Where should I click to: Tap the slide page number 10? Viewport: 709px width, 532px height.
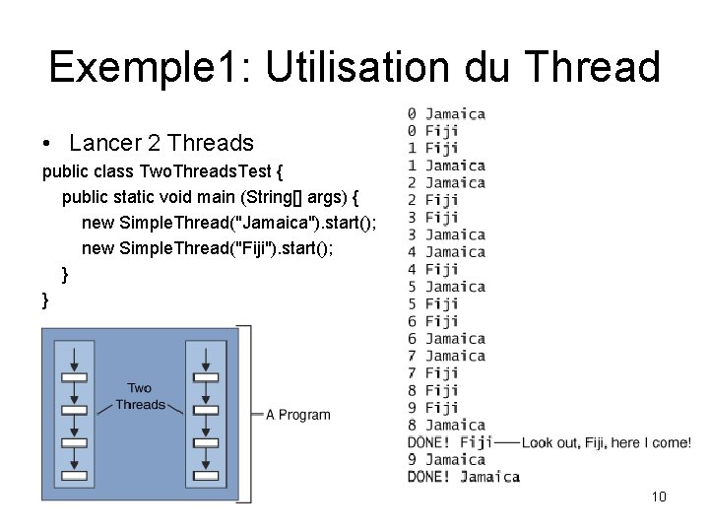659,497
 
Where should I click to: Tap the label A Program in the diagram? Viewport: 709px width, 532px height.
298,415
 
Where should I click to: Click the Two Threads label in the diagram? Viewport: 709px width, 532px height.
140,396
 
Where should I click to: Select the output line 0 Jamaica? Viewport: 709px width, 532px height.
446,113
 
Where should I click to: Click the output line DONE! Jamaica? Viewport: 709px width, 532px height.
463,477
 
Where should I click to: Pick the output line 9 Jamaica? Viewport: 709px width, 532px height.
446,459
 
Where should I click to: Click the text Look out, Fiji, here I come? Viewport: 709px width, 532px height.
607,442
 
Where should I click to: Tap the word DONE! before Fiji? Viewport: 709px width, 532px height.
429,442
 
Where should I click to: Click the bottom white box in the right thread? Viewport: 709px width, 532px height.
205,477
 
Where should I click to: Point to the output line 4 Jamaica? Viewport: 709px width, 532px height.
446,252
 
